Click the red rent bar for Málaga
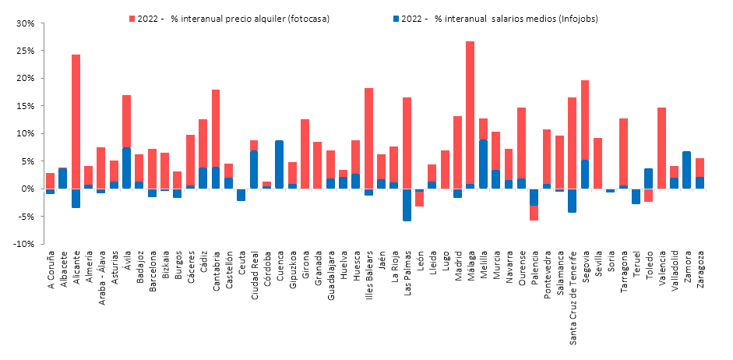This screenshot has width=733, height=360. (470, 109)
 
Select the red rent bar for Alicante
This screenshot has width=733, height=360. (76, 117)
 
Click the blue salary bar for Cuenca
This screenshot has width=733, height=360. (279, 164)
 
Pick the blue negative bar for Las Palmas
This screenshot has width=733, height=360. (407, 204)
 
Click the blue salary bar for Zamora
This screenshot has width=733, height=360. (686, 170)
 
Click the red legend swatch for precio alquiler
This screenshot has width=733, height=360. (131, 17)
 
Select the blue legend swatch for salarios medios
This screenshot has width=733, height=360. (396, 17)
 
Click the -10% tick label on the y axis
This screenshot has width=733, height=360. (23, 244)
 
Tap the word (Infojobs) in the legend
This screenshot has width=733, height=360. (580, 17)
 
